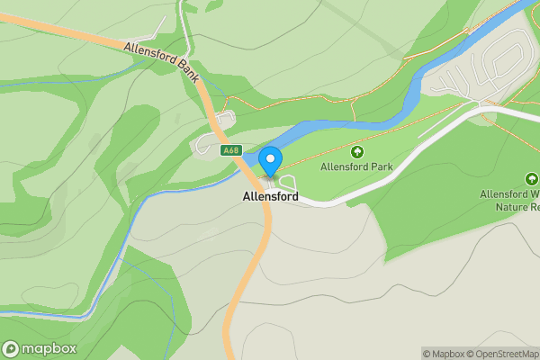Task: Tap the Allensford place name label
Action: tap(270, 196)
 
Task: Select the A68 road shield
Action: tap(229, 150)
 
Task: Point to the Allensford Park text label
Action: tap(357, 167)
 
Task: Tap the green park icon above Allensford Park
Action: tap(357, 152)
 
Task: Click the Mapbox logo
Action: tap(40, 348)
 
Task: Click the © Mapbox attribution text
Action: tap(443, 354)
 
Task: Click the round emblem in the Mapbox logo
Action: tap(12, 348)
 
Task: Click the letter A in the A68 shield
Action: tap(224, 150)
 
